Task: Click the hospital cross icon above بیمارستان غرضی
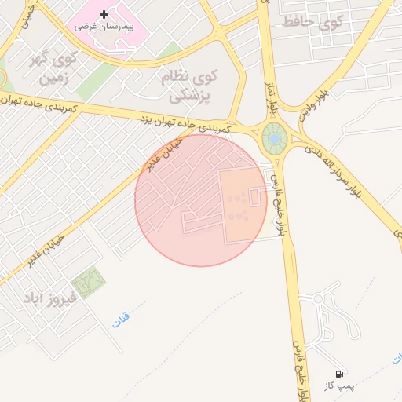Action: (x=104, y=14)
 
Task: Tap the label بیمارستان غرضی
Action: (x=104, y=26)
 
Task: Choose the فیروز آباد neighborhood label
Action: (x=50, y=298)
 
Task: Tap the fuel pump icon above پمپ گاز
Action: (x=339, y=374)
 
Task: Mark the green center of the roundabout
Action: (x=275, y=139)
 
